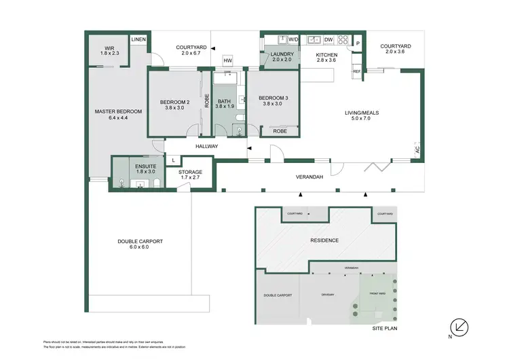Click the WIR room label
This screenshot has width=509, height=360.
(106, 50)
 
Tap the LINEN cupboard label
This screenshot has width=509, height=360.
(138, 39)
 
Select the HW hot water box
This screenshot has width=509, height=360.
(227, 61)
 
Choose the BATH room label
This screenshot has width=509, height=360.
(224, 103)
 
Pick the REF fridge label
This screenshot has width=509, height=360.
(356, 71)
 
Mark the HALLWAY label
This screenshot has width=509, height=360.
(206, 146)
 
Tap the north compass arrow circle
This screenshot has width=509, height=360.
(461, 326)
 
